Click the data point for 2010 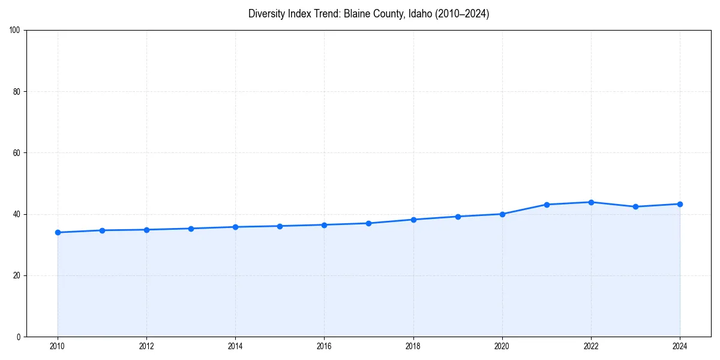[58, 232]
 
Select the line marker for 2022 [591, 202]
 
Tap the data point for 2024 [680, 204]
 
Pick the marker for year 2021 [547, 205]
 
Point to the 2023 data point [635, 207]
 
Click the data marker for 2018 [413, 220]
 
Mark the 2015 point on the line [280, 226]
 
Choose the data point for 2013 [191, 229]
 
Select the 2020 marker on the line [502, 214]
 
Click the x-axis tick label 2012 [146, 346]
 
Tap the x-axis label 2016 [324, 346]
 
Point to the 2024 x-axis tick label [680, 346]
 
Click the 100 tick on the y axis [16, 31]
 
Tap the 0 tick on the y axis [19, 337]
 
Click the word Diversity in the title [265, 14]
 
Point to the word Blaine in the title [357, 14]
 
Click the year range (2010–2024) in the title [462, 14]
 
